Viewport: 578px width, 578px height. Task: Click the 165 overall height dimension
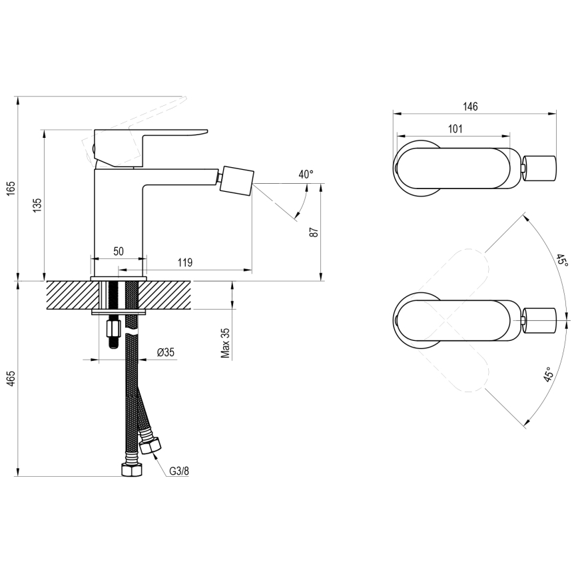click(x=9, y=189)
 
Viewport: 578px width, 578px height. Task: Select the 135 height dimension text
click(x=37, y=204)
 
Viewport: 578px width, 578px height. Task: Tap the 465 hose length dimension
click(x=9, y=378)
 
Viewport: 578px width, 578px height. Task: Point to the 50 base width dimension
click(x=118, y=251)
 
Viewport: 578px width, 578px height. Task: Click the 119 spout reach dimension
click(x=185, y=262)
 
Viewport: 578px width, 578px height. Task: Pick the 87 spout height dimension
click(x=314, y=232)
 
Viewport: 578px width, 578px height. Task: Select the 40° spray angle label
click(x=306, y=174)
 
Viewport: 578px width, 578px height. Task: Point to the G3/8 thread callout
click(x=178, y=471)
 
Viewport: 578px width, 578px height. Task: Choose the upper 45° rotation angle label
click(x=561, y=260)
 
